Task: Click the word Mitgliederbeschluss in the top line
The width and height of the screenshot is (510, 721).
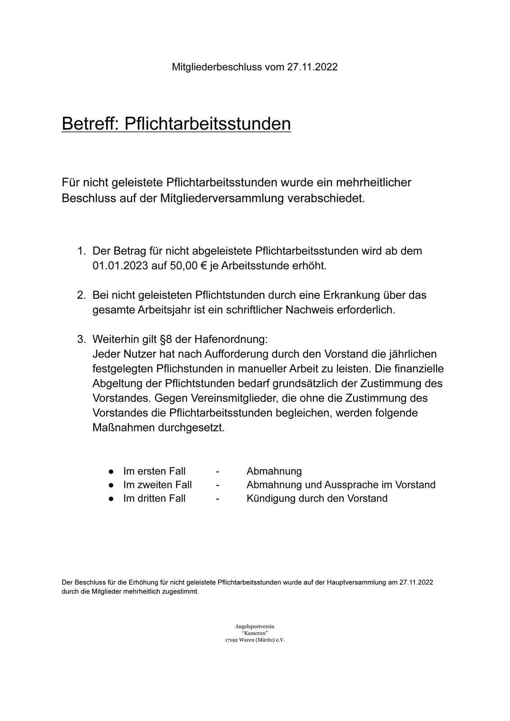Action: (x=217, y=67)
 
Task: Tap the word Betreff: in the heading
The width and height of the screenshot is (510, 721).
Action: (x=90, y=123)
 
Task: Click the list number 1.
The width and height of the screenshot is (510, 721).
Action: (x=81, y=251)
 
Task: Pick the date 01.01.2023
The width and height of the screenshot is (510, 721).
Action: (x=120, y=265)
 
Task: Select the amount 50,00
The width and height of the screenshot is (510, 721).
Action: (x=184, y=265)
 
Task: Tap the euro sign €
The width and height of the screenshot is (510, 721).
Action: (x=204, y=265)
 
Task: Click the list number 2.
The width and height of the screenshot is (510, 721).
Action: (x=81, y=295)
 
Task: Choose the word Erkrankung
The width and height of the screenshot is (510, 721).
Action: (x=349, y=295)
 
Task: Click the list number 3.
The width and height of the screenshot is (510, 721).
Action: (x=81, y=339)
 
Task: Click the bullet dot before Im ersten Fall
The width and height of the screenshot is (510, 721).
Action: (x=110, y=471)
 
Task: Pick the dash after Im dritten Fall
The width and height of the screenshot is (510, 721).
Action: (x=218, y=498)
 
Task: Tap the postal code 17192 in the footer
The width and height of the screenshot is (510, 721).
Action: (x=232, y=640)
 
